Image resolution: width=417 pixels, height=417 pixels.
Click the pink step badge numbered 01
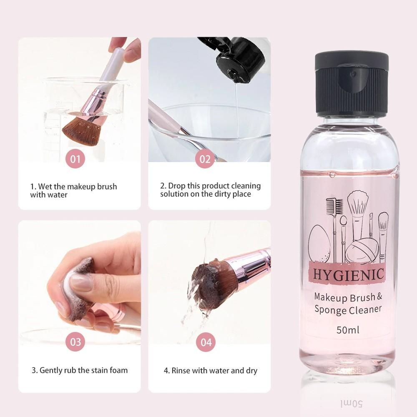75,159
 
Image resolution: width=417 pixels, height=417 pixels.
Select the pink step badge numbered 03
75,342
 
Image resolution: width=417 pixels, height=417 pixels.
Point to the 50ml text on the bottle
348,330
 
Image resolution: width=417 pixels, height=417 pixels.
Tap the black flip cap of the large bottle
352,83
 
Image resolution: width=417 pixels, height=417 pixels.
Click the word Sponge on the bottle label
331,309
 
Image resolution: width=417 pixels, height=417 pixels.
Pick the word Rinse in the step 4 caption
181,370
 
